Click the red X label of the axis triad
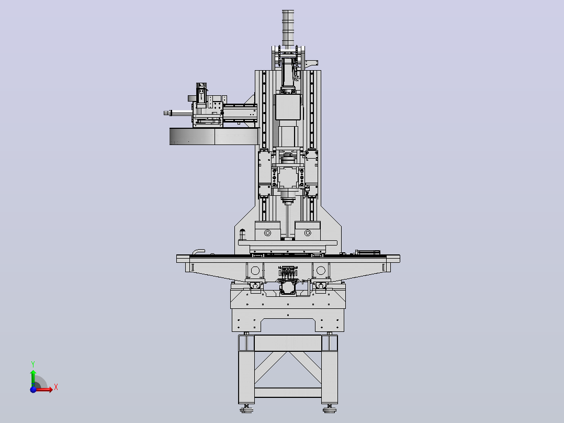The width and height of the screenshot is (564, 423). click(x=56, y=387)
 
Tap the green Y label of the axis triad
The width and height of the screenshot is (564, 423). click(x=33, y=364)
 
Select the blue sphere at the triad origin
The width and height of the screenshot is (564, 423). click(x=33, y=389)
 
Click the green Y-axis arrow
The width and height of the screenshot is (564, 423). click(x=33, y=378)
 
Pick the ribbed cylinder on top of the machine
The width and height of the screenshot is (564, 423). click(x=288, y=28)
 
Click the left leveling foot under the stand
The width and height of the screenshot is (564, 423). click(x=246, y=408)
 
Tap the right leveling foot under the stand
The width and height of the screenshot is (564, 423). click(x=330, y=408)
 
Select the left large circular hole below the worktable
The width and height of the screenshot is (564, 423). click(x=255, y=270)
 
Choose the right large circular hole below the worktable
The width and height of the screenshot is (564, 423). click(x=321, y=270)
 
